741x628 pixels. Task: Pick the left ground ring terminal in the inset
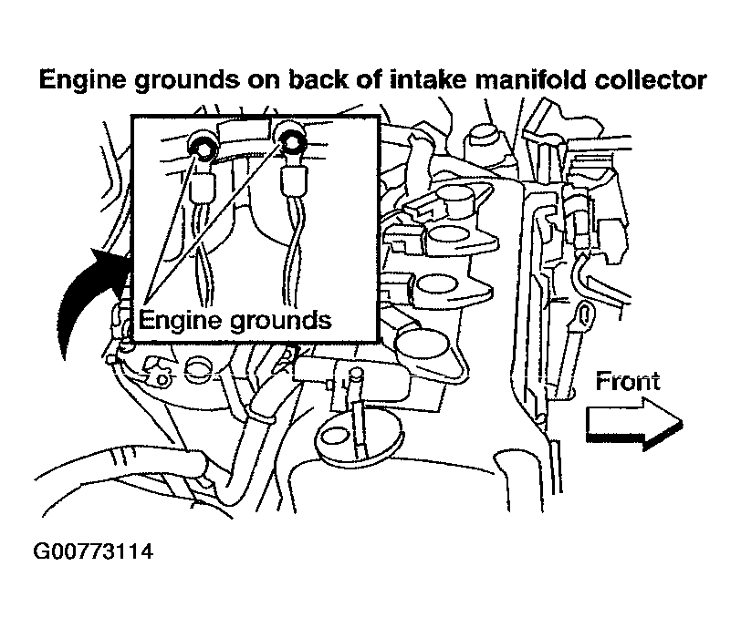coord(202,148)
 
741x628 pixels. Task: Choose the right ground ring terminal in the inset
coord(292,141)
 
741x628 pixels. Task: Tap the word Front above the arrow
coord(627,381)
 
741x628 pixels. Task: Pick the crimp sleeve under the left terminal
coord(203,190)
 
